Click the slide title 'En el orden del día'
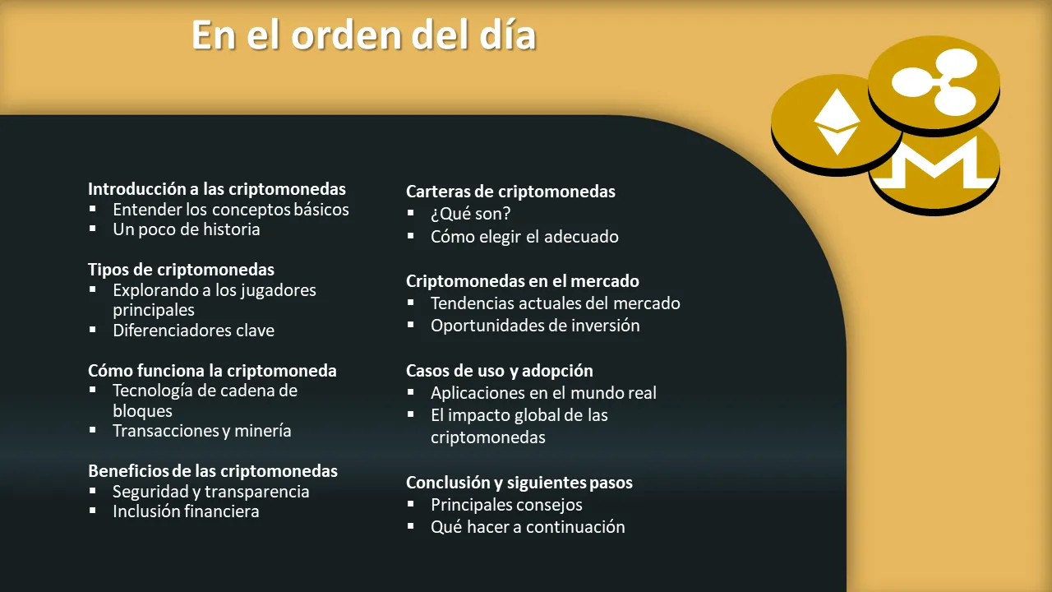coord(363,35)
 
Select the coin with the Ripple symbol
coord(934,86)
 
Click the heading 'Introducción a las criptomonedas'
coord(216,189)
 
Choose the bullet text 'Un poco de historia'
coord(186,229)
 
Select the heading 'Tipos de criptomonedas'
coord(181,270)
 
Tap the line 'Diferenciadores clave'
coord(193,331)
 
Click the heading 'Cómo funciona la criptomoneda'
coord(212,371)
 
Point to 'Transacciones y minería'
coord(202,431)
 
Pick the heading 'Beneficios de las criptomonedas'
coord(213,471)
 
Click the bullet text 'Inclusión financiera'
coord(186,511)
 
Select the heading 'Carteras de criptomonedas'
coord(510,192)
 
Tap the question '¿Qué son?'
coord(471,214)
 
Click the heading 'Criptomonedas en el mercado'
coord(522,281)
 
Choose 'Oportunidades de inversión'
coord(535,326)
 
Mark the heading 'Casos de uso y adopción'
coord(499,371)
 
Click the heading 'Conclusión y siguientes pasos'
coord(519,483)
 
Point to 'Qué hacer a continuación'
coord(528,527)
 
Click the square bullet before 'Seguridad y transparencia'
coord(93,491)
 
